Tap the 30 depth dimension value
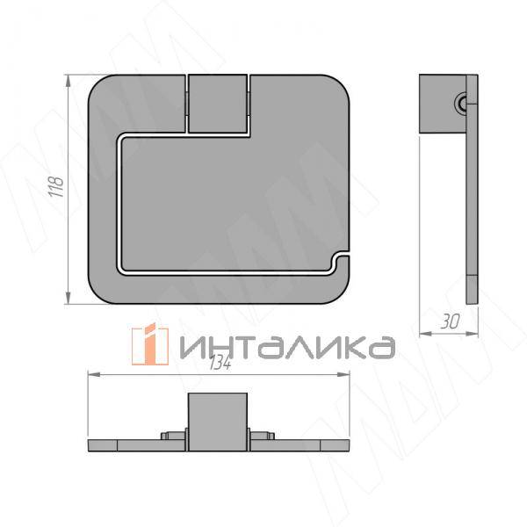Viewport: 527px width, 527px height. pyautogui.click(x=451, y=322)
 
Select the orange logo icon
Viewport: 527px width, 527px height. pyautogui.click(x=150, y=344)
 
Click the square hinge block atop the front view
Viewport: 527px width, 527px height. pyautogui.click(x=218, y=104)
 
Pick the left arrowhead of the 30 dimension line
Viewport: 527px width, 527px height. pyautogui.click(x=422, y=332)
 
